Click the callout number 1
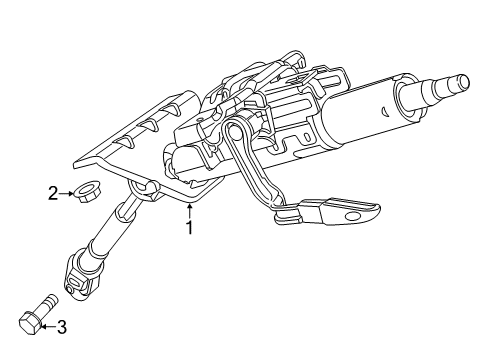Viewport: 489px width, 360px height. coord(188,227)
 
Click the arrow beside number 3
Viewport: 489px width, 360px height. coord(48,324)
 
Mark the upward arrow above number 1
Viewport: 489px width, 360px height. coord(188,208)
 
